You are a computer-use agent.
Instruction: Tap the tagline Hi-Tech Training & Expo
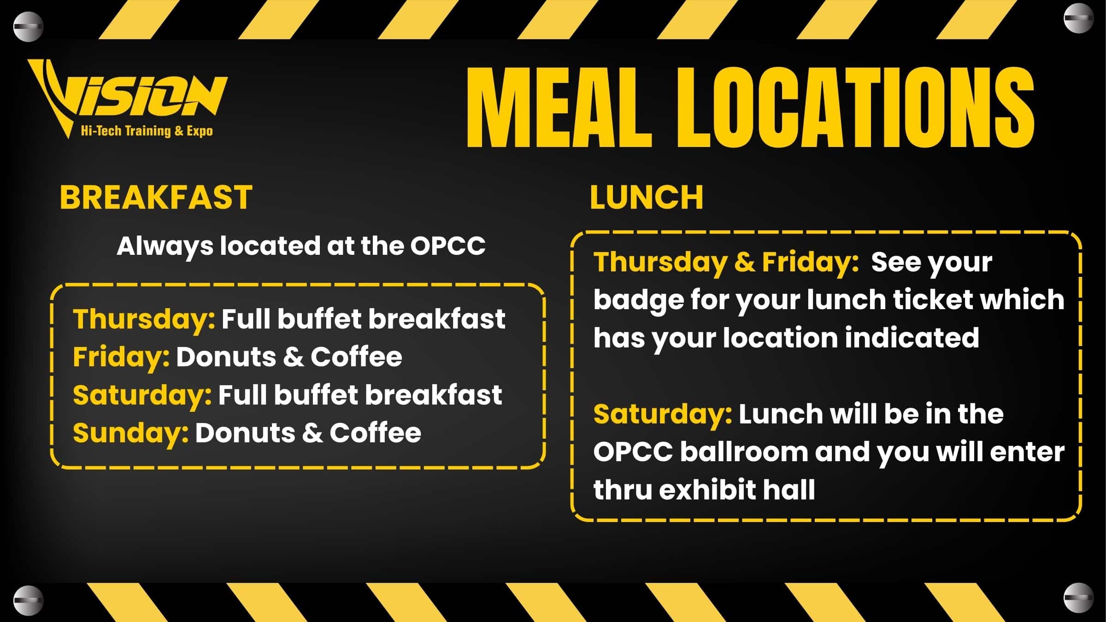pyautogui.click(x=147, y=131)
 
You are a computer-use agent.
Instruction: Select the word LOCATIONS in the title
pyautogui.click(x=855, y=108)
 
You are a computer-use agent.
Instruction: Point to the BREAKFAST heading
pyautogui.click(x=156, y=197)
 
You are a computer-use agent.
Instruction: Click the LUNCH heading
pyautogui.click(x=647, y=197)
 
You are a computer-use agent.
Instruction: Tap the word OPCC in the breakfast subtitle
pyautogui.click(x=448, y=246)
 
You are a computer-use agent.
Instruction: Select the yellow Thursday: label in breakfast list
pyautogui.click(x=144, y=319)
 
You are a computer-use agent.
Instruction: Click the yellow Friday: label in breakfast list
pyautogui.click(x=121, y=357)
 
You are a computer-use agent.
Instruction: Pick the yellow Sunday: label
pyautogui.click(x=131, y=433)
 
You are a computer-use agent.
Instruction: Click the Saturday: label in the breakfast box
pyautogui.click(x=142, y=395)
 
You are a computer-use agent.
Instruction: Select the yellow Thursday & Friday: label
pyautogui.click(x=726, y=263)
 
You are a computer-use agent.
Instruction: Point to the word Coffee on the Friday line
pyautogui.click(x=356, y=357)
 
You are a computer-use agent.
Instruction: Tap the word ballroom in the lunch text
pyautogui.click(x=744, y=452)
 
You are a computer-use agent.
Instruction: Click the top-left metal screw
pyautogui.click(x=28, y=27)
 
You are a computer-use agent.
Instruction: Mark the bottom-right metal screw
pyautogui.click(x=1078, y=598)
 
